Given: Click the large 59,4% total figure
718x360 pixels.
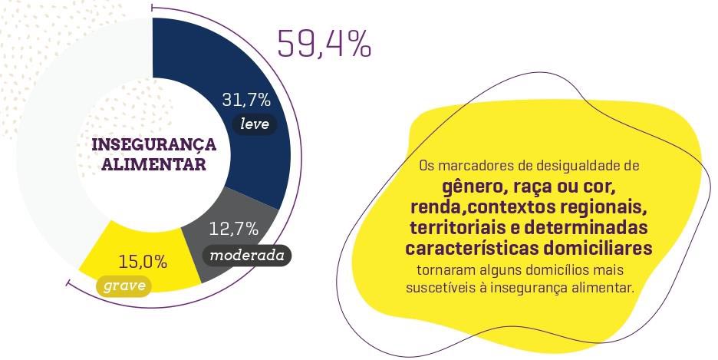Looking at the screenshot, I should (324, 45).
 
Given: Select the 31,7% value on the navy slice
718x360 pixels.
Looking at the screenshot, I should (246, 101).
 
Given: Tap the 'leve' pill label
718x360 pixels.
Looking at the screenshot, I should (255, 124).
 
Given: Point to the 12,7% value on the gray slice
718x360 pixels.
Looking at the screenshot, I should (233, 229).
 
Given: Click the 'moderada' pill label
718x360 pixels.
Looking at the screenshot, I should (246, 255).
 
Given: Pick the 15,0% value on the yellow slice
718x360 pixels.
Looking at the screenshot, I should (143, 262).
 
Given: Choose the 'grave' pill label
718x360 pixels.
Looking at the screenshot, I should (124, 286).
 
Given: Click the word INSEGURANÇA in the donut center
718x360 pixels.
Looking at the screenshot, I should (154, 145).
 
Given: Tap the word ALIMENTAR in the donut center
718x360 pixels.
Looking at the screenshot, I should (154, 164).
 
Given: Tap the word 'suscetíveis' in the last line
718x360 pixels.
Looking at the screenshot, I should (441, 287).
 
